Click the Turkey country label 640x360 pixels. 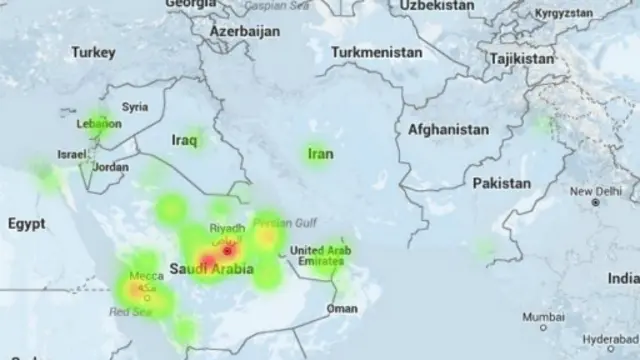pos(94,51)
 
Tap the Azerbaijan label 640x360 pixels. pos(244,32)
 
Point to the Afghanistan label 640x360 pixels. pos(448,130)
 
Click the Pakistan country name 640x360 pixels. pos(501,184)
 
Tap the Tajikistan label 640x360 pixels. pos(521,59)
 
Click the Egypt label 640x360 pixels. pos(26,225)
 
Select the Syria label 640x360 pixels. pos(135,107)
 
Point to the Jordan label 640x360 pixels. pos(110,167)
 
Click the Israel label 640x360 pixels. pos(72,156)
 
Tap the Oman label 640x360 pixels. pos(342,309)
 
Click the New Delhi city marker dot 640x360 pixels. pos(595,202)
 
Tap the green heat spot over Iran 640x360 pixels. pos(318,154)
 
